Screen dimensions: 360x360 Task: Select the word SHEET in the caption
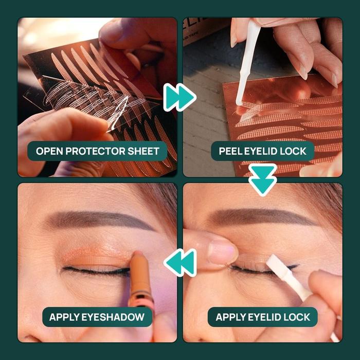pyautogui.click(x=143, y=151)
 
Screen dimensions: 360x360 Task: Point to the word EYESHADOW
pyautogui.click(x=113, y=317)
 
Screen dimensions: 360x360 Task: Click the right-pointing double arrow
pyautogui.click(x=180, y=97)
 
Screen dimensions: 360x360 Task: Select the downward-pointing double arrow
pyautogui.click(x=263, y=180)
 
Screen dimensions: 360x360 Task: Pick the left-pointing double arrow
pyautogui.click(x=180, y=263)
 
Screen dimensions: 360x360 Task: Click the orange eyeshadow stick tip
pyautogui.click(x=137, y=255)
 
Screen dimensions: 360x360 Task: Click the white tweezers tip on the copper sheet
pyautogui.click(x=239, y=102)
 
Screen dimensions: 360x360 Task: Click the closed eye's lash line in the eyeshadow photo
pyautogui.click(x=97, y=271)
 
